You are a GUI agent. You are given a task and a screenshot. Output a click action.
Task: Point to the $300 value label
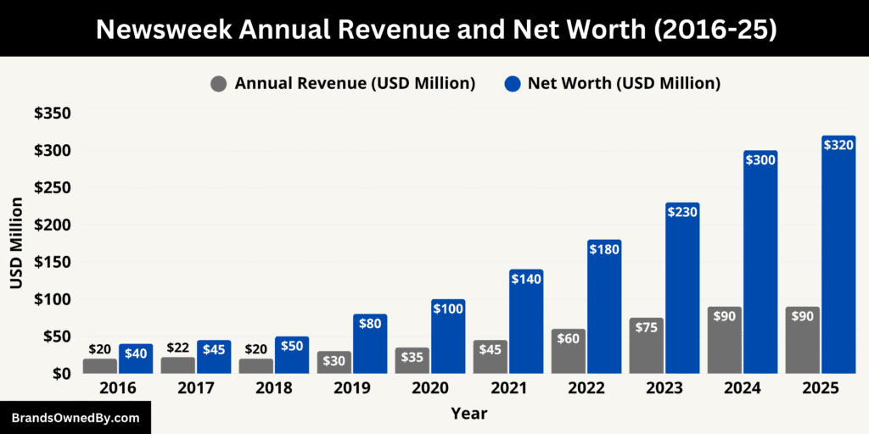(760, 159)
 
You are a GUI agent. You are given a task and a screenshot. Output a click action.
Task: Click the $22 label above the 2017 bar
(178, 348)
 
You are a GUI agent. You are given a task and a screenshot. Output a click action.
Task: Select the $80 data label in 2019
(370, 323)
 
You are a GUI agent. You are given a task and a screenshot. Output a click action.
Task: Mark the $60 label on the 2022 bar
(569, 338)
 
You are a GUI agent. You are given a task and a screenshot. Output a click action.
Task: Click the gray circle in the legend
(219, 83)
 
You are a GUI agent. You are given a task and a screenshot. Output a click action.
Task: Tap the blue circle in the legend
(512, 83)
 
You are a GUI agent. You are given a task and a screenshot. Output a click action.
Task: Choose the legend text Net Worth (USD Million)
(624, 83)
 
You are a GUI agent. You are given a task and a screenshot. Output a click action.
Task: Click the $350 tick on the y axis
(52, 114)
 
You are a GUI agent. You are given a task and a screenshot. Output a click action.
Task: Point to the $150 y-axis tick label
(52, 262)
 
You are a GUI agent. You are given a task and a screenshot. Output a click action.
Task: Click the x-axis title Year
(469, 414)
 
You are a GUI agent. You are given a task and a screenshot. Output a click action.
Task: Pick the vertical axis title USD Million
(16, 244)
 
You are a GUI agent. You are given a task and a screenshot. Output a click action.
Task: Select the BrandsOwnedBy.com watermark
(75, 418)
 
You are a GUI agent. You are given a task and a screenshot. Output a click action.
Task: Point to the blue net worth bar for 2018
(292, 356)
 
